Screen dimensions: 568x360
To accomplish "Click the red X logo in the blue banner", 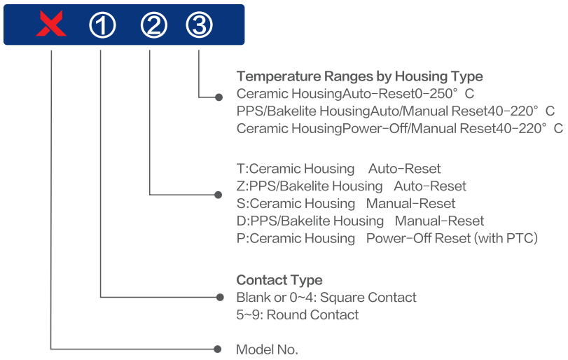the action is pyautogui.click(x=51, y=24).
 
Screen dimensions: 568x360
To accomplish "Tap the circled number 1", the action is pyautogui.click(x=102, y=25).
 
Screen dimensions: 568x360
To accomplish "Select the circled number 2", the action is pyautogui.click(x=154, y=25).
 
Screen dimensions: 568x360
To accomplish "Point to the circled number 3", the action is pyautogui.click(x=199, y=25).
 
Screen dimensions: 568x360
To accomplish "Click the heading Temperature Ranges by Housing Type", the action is pyautogui.click(x=360, y=76).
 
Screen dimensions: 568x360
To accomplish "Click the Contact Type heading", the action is pyautogui.click(x=279, y=280).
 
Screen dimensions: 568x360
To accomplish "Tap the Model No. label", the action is pyautogui.click(x=267, y=349).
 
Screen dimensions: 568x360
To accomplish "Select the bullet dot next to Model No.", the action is pyautogui.click(x=217, y=349).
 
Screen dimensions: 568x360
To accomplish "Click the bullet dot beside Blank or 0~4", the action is pyautogui.click(x=220, y=298).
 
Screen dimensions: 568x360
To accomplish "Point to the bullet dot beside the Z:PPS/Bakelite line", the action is pyautogui.click(x=218, y=195).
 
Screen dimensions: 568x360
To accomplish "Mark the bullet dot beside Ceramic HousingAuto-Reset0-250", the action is pyautogui.click(x=219, y=97).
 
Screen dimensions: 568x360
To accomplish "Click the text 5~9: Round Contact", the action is pyautogui.click(x=298, y=314).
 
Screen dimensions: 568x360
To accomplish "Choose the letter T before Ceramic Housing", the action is pyautogui.click(x=241, y=169).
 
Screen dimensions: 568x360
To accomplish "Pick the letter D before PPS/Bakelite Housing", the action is pyautogui.click(x=241, y=221).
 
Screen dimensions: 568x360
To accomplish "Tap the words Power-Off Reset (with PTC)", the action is pyautogui.click(x=452, y=238).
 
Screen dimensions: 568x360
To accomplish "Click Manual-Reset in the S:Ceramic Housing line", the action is pyautogui.click(x=411, y=204).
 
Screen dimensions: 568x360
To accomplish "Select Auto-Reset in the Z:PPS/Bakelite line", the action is pyautogui.click(x=430, y=186).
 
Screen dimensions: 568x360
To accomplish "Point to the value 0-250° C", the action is pyautogui.click(x=444, y=94).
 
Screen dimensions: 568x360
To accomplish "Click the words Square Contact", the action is pyautogui.click(x=368, y=298).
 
